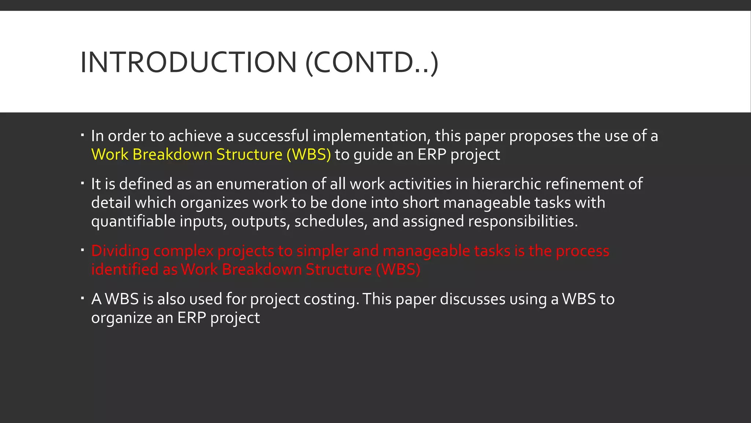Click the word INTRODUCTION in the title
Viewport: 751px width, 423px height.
point(188,62)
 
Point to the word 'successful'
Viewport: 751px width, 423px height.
point(273,136)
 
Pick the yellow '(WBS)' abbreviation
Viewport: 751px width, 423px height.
point(308,155)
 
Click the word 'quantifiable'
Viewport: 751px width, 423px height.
point(133,221)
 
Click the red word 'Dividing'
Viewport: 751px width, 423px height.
point(120,251)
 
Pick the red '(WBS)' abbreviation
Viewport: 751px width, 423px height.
point(398,270)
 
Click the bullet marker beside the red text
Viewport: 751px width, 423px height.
point(83,250)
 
